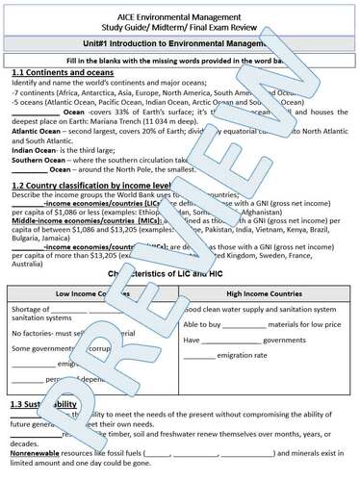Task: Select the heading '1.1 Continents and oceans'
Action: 64,72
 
